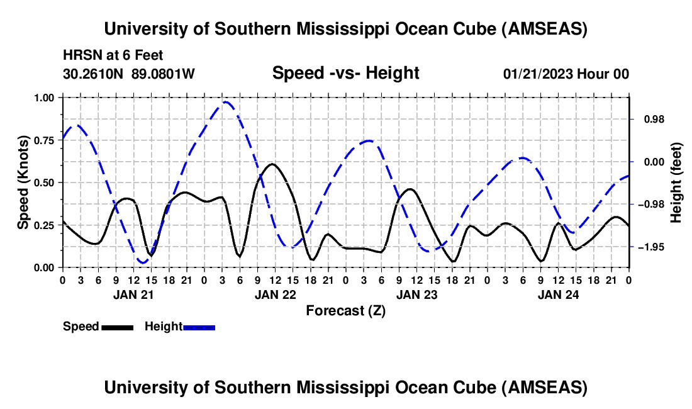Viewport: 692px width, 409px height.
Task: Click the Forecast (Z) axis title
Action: [345, 310]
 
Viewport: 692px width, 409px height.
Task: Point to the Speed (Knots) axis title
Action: [23, 182]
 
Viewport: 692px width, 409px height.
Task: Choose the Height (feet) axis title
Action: [676, 182]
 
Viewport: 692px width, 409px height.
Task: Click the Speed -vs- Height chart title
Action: [345, 73]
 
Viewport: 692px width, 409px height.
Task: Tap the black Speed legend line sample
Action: [116, 327]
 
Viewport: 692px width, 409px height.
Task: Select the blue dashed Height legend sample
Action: [199, 327]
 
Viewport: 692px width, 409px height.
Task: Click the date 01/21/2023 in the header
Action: [537, 74]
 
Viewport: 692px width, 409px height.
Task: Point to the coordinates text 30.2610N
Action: [94, 74]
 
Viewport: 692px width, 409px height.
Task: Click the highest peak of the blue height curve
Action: [225, 101]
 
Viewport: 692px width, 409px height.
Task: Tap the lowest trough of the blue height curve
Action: [143, 262]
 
